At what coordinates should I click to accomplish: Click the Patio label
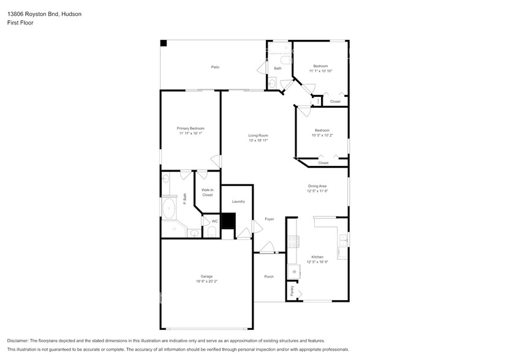point(215,67)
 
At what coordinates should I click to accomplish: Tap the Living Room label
point(258,135)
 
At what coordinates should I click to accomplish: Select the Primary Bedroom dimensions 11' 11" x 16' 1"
point(190,133)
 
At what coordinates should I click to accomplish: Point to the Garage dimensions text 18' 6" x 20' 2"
point(206,282)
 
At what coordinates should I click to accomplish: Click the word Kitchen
point(317,257)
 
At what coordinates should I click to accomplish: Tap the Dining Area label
point(317,186)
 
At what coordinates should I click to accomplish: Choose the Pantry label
point(292,291)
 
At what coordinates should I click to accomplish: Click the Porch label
point(269,277)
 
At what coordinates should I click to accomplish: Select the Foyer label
point(269,219)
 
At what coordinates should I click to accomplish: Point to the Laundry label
point(238,201)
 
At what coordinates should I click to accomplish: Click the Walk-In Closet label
point(208,192)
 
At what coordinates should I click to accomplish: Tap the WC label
point(214,221)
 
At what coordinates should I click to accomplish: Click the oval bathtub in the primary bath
point(168,208)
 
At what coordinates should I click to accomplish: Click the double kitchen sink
point(345,239)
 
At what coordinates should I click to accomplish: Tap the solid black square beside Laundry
point(228,220)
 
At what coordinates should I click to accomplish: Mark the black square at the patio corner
point(164,43)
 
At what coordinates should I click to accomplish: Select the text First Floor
point(21,23)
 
